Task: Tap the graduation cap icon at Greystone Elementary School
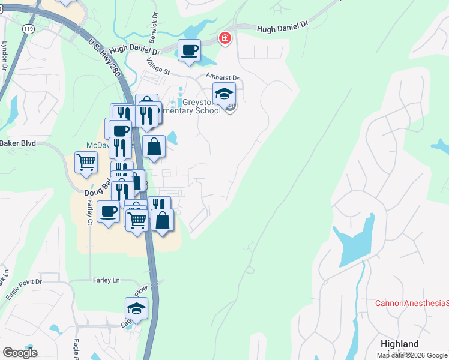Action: click(224, 94)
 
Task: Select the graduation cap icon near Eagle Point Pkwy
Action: click(137, 309)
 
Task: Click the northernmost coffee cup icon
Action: click(190, 50)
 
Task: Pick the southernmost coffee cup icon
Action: click(109, 211)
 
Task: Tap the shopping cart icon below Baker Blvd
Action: click(86, 161)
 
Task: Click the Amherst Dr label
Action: click(223, 77)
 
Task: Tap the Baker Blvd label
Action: click(18, 143)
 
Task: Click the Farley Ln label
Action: click(106, 280)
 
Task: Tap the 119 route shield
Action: click(28, 28)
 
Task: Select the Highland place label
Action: click(400, 344)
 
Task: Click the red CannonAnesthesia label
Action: click(412, 303)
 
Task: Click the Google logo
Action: click(20, 353)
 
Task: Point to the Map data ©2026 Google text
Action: click(412, 355)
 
